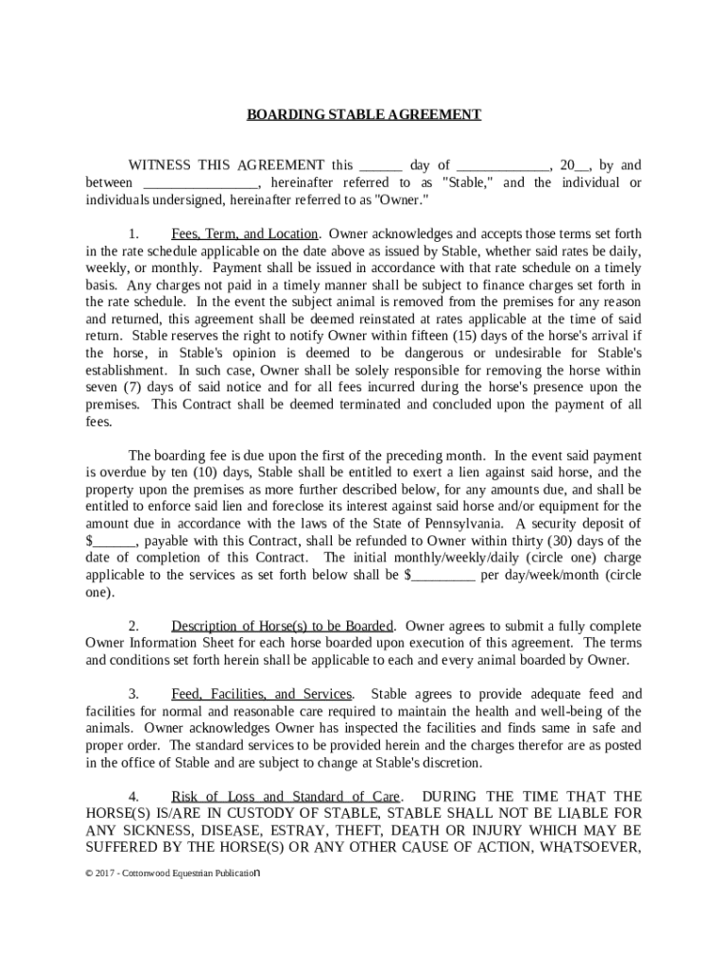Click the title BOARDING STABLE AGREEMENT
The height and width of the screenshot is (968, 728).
364,114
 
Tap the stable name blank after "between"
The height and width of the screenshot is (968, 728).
200,182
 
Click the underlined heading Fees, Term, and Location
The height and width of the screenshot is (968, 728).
244,233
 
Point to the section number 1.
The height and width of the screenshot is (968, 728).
134,233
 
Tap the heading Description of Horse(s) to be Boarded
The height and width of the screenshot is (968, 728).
282,626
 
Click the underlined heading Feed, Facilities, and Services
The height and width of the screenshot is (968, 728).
261,694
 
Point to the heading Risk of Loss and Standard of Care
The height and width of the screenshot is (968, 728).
286,796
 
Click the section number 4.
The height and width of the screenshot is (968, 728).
134,796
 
